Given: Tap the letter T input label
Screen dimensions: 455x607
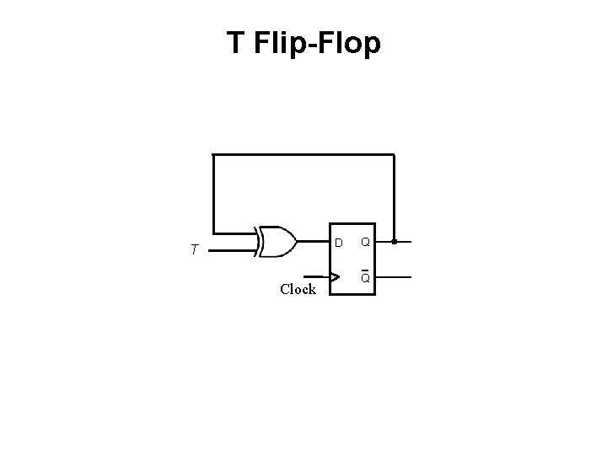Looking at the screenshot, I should (x=195, y=249).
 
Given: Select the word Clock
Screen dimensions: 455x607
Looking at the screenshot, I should (x=298, y=289).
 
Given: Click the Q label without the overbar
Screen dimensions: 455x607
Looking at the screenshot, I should (x=365, y=243).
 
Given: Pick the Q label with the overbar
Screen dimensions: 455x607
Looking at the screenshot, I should (x=365, y=278).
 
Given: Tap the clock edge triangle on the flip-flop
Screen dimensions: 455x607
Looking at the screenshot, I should (x=336, y=276).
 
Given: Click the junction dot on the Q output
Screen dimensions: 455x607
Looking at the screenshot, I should (x=394, y=242).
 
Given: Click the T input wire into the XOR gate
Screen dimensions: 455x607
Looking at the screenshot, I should (x=232, y=250).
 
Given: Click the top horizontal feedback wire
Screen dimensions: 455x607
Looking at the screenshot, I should (x=303, y=155).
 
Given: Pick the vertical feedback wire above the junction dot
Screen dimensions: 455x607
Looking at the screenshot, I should (x=394, y=198).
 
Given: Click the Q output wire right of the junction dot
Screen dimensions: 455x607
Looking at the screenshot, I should (x=404, y=242).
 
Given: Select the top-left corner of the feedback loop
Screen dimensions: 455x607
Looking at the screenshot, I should (x=213, y=155).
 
